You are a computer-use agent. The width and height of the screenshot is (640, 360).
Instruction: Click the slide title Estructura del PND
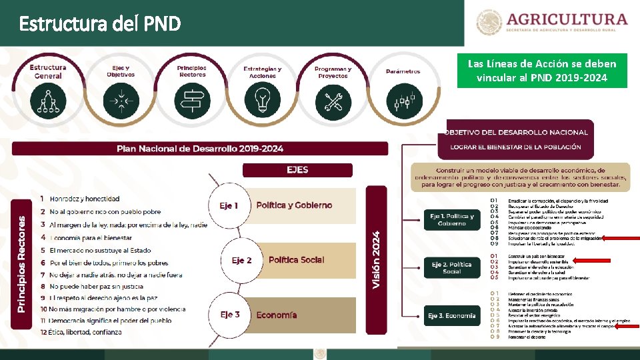tap(100, 25)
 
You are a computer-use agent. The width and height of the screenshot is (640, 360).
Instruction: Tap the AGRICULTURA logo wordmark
tap(567, 19)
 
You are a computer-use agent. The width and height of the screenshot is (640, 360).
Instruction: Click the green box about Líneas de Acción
tap(541, 71)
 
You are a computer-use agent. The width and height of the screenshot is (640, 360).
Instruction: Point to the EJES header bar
tap(297, 170)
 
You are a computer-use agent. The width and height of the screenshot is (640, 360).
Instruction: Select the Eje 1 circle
tap(229, 205)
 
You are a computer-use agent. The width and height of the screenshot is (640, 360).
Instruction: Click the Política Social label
tap(296, 260)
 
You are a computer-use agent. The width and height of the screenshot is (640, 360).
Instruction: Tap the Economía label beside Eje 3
tap(277, 315)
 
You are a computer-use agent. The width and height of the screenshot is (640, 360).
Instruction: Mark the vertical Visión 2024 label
tap(376, 260)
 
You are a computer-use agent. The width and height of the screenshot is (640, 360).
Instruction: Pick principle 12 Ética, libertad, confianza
tap(81, 331)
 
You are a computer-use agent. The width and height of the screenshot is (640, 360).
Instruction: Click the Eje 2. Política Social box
tap(451, 268)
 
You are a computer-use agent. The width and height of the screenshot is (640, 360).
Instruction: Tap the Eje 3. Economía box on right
tap(452, 315)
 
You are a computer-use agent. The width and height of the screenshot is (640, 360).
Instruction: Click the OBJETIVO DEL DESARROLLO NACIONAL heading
tap(516, 132)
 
